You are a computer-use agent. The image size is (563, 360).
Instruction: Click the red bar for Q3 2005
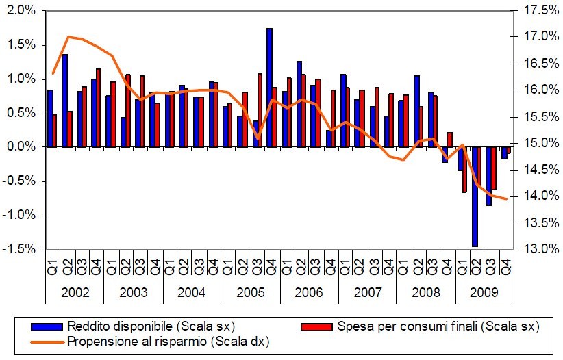click(260, 110)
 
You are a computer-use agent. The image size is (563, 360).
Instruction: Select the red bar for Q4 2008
click(449, 140)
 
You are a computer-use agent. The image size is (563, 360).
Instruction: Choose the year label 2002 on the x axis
click(75, 292)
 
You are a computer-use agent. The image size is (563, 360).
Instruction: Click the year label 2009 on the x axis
click(484, 292)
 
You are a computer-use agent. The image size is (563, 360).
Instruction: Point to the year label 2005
click(250, 292)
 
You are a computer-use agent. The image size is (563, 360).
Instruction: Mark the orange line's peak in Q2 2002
click(68, 36)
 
